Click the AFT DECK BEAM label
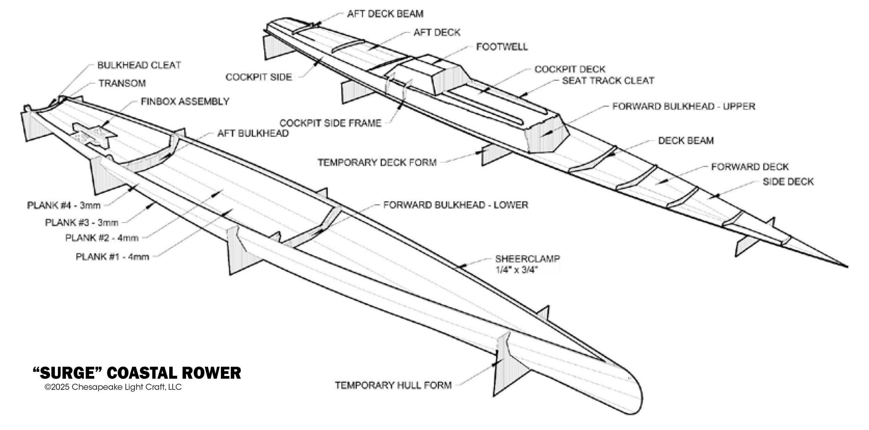(x=385, y=14)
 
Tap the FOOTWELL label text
(x=501, y=47)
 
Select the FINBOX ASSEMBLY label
(x=185, y=102)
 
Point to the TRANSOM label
(x=122, y=83)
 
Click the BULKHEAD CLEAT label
(x=139, y=65)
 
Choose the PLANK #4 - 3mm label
(x=64, y=205)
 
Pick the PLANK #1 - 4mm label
(x=112, y=257)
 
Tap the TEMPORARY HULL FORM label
(x=393, y=385)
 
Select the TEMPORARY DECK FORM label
(x=377, y=163)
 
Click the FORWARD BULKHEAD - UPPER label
(x=683, y=106)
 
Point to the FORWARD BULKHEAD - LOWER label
(x=455, y=205)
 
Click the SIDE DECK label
(x=788, y=182)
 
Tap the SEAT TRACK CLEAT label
(x=608, y=81)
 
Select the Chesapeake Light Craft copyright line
(x=113, y=387)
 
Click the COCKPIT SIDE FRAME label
(x=330, y=123)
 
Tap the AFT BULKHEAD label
(x=253, y=134)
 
